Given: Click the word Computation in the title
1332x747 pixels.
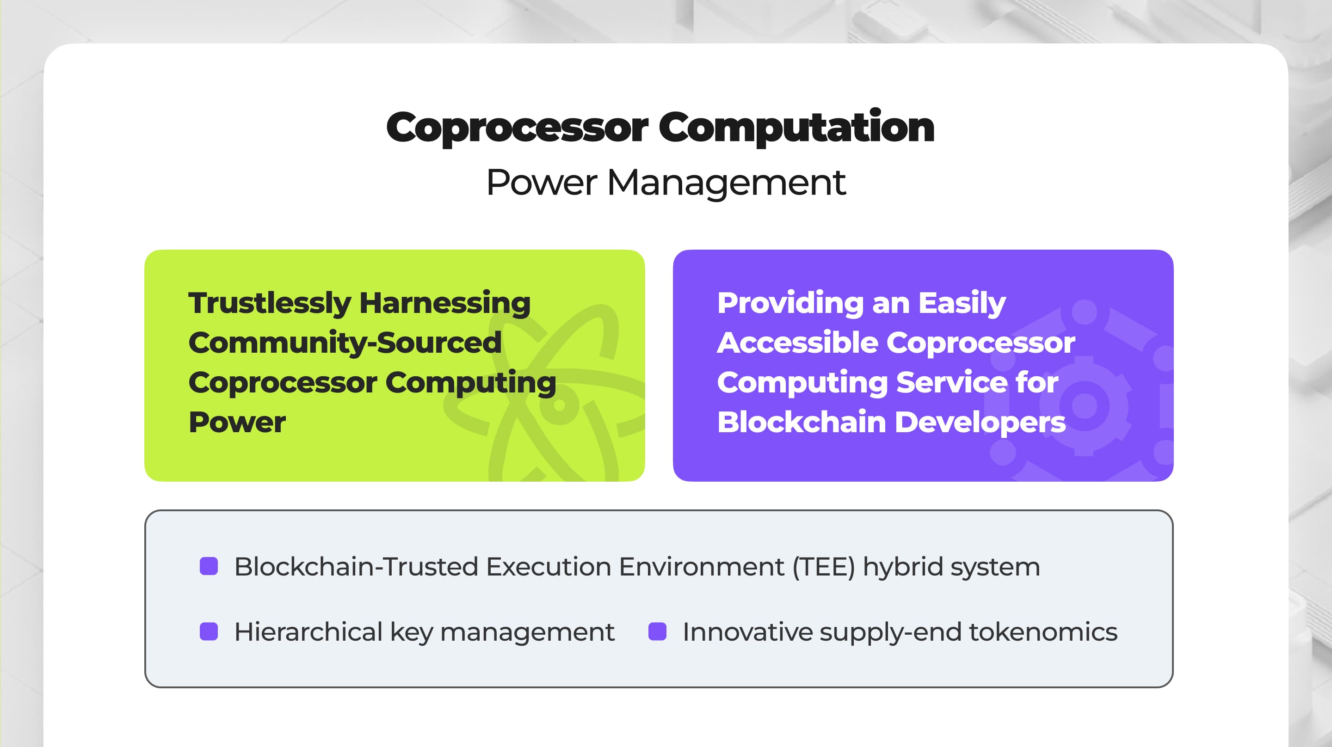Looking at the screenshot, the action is tap(796, 128).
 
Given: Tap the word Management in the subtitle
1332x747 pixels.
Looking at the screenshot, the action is tap(727, 184).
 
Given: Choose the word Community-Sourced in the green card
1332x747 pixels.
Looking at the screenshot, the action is tap(345, 343).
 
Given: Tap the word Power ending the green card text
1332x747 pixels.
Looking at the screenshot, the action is tap(237, 422).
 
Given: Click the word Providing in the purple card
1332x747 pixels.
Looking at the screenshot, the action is tap(790, 303).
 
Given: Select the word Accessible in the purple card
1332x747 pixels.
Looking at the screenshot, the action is tap(797, 343).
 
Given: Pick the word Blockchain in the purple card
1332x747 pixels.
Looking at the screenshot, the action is tap(802, 422).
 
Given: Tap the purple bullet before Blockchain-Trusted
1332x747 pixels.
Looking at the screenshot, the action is tap(209, 566).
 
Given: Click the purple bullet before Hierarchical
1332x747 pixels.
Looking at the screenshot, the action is tap(209, 631).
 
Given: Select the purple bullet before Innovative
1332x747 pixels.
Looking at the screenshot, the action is tap(657, 631).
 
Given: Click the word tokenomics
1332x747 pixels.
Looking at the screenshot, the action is tap(1043, 632).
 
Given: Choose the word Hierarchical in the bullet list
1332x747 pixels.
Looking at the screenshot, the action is tap(308, 632).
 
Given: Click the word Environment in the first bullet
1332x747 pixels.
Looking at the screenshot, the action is tap(702, 567).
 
